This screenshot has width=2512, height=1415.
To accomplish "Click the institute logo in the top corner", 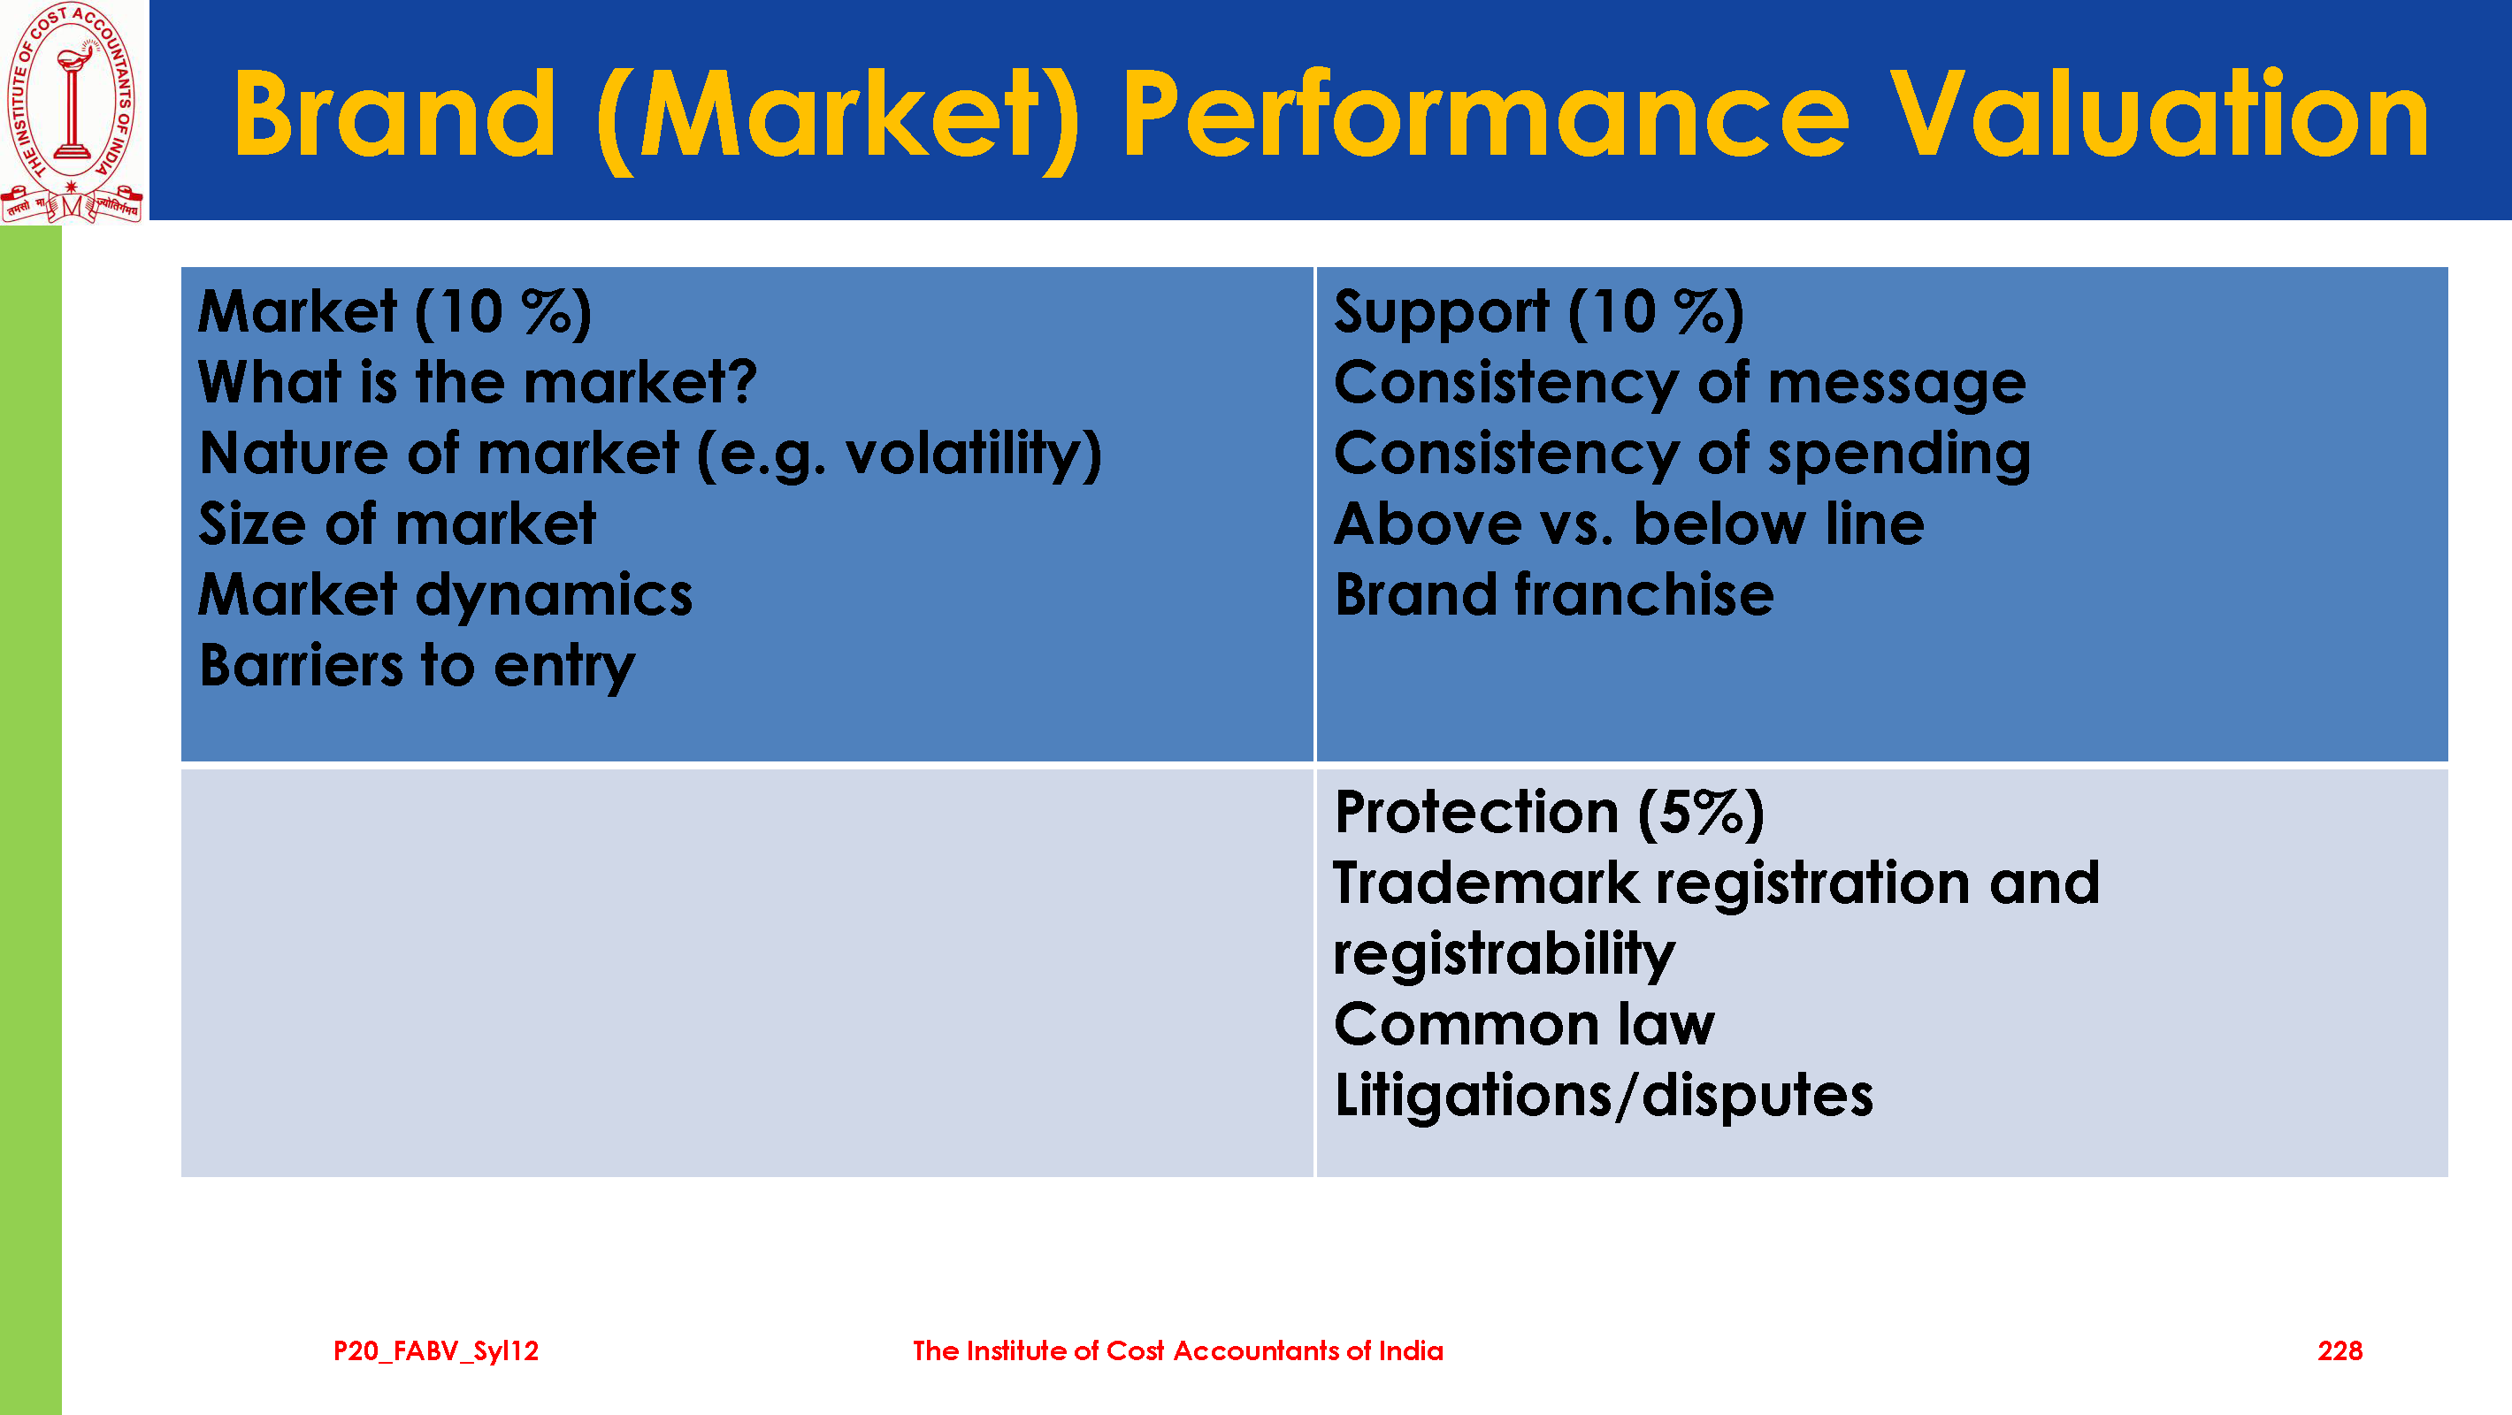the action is (x=73, y=112).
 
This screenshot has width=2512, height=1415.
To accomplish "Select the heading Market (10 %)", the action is (x=395, y=312).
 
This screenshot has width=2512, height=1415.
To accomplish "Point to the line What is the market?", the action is (x=478, y=381).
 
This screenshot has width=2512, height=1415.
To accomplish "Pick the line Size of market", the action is (x=397, y=524).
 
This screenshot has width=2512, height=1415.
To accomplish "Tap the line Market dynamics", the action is (x=446, y=596).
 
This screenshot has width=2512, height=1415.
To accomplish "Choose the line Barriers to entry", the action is (x=417, y=666).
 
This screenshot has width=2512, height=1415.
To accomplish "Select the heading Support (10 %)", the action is (x=1539, y=312).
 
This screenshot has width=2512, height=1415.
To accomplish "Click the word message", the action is (x=1896, y=383).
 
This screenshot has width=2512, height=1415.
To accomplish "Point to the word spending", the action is (x=1900, y=455).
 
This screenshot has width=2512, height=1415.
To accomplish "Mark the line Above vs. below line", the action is (x=1629, y=524).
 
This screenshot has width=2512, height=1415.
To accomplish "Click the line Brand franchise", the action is (x=1554, y=594).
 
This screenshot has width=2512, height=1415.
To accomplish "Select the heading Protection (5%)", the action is (x=1550, y=813).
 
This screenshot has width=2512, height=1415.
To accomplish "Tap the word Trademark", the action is (x=1486, y=883).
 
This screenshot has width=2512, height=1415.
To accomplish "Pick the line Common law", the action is (x=1524, y=1025).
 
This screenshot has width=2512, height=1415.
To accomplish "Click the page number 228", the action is (x=2340, y=1350).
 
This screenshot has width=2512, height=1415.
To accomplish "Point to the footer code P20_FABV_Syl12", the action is (x=436, y=1351).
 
